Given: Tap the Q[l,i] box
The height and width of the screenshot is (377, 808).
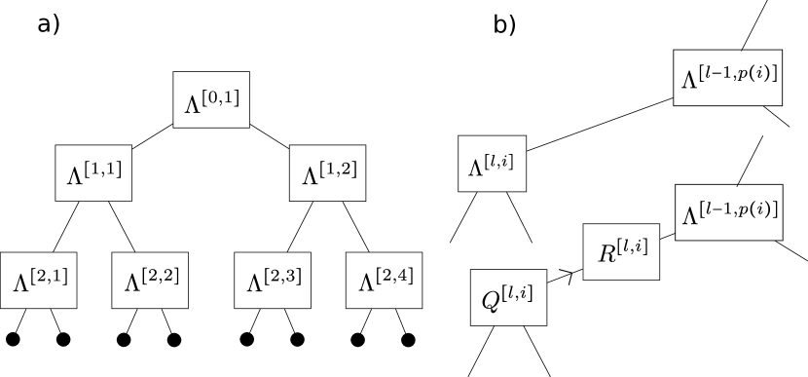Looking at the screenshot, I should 508,297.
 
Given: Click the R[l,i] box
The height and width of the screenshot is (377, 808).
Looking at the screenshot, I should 621,251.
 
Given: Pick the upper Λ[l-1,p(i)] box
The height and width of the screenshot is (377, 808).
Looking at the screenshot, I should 728,78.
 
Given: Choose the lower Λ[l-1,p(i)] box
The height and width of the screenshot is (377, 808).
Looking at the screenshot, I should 728,212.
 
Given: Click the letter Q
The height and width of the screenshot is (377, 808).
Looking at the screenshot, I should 493,301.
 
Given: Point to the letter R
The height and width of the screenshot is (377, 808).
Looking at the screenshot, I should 606,254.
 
